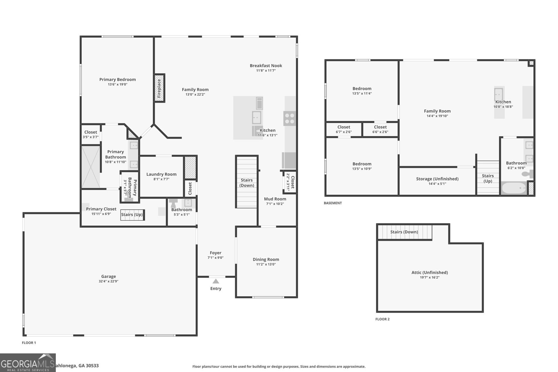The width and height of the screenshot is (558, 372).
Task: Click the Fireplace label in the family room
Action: coord(159,88)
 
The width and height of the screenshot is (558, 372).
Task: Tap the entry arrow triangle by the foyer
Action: coord(216,281)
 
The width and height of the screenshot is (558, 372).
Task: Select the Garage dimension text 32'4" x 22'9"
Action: coord(108,281)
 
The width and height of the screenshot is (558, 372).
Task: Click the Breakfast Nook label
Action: coord(266,66)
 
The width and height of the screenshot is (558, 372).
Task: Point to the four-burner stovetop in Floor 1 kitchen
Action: coord(289,118)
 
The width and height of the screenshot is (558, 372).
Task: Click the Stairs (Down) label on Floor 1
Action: coord(247,183)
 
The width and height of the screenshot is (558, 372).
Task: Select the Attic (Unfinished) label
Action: coord(429,273)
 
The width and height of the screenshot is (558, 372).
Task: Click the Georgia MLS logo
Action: coord(28,363)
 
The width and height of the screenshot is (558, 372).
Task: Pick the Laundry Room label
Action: coord(161,174)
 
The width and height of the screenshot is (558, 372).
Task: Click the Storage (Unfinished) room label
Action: coord(437,179)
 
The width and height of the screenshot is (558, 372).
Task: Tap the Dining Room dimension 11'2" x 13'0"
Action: coord(266,264)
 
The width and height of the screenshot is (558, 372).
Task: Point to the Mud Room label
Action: coord(275,199)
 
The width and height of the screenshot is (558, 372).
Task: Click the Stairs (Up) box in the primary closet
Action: coord(132,215)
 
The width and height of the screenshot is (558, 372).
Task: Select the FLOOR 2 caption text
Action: coord(382,319)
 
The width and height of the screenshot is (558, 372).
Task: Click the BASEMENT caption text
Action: coord(333,203)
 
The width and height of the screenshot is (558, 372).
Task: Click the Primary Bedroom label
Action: coord(118,79)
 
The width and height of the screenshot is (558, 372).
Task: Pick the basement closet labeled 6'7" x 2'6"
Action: coord(344,129)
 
